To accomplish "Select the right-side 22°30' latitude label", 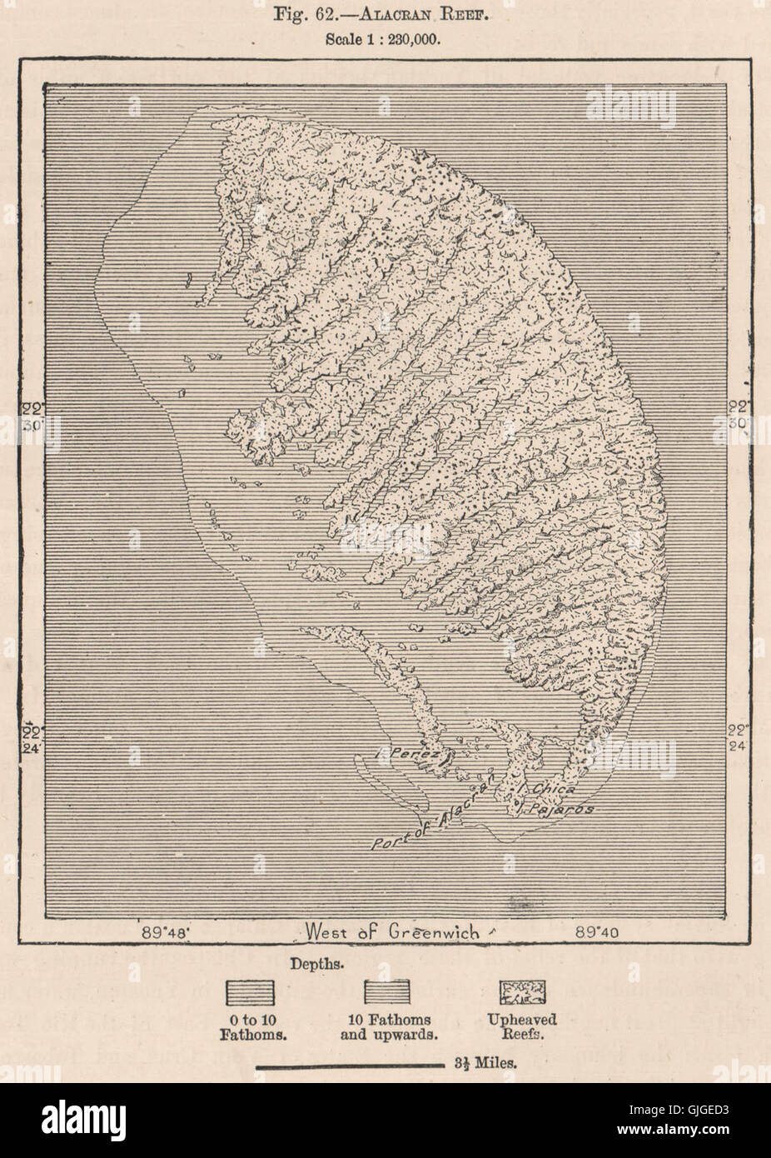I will coord(738,415).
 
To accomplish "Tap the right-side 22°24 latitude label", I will coord(738,736).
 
